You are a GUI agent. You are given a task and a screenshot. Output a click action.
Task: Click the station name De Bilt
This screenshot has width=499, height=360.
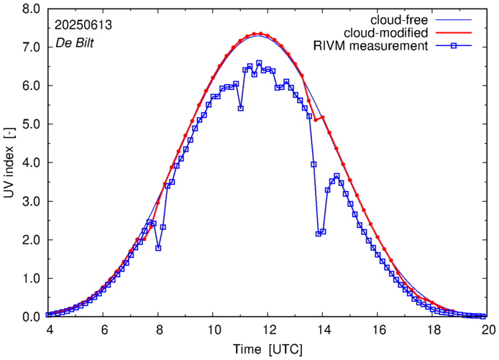coord(74,43)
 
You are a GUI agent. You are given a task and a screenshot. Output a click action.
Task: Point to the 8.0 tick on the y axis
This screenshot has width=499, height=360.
coord(27,9)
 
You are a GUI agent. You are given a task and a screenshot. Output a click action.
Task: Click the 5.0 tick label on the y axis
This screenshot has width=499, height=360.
coord(27,124)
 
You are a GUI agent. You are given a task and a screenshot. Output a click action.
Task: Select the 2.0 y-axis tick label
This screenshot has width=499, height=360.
coord(27,240)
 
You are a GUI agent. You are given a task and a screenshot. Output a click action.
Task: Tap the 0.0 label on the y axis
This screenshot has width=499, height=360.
coord(27,317)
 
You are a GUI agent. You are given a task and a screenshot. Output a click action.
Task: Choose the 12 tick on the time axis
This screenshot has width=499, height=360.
coord(268,328)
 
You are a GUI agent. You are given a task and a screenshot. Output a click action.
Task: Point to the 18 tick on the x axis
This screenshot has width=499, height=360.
coord(434,328)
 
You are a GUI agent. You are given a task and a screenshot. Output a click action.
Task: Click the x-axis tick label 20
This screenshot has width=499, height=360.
coord(488,328)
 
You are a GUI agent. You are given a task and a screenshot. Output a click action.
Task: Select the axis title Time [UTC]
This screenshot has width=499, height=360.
coord(267,349)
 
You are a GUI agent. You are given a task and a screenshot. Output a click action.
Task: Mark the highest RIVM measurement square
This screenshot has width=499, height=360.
coord(259,63)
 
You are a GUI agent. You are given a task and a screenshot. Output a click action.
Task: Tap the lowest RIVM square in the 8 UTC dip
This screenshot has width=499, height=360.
coord(158,248)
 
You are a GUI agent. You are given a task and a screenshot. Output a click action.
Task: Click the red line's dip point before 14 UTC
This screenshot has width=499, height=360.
coord(315,120)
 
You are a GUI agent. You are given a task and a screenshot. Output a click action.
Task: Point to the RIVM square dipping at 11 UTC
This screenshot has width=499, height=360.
coord(241,109)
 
